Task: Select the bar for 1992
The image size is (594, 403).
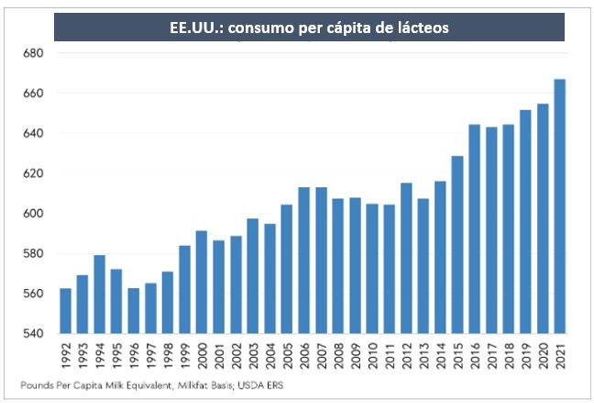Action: [x=66, y=311]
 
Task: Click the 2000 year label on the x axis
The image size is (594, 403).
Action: [x=202, y=355]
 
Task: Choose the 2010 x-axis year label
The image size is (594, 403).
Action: [x=371, y=355]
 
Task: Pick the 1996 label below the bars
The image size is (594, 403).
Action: [x=134, y=355]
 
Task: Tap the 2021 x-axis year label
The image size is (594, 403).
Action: [x=560, y=355]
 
